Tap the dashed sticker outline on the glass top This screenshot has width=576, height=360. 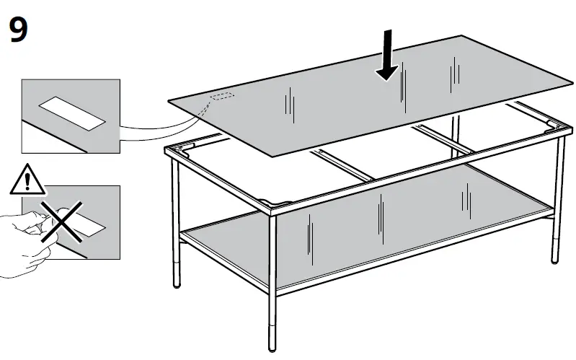click(x=221, y=96)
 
